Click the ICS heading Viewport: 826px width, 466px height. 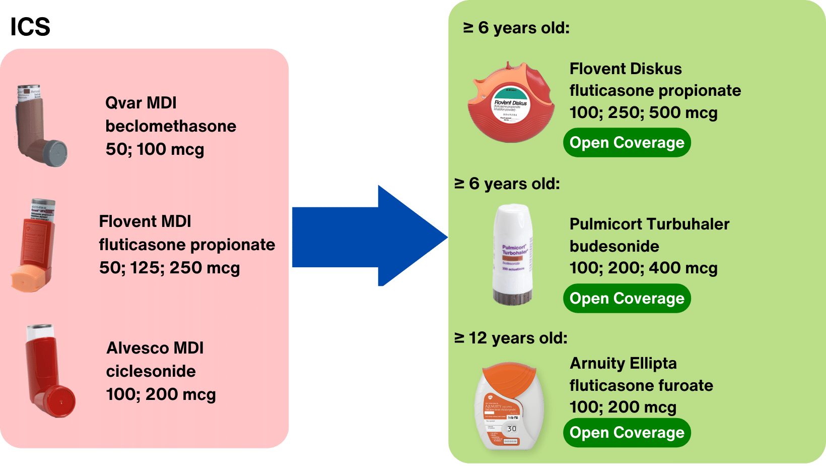(x=30, y=27)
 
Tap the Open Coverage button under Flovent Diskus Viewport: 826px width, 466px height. (x=627, y=143)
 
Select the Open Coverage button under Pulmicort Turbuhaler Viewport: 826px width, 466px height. (x=627, y=299)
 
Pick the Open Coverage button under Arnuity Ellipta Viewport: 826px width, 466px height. (x=627, y=433)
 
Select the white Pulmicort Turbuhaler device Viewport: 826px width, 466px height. (x=512, y=255)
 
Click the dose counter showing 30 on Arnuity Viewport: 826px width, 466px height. (x=512, y=429)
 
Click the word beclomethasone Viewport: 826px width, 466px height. (x=171, y=126)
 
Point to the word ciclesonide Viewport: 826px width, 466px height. (x=151, y=371)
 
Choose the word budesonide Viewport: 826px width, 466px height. (x=614, y=246)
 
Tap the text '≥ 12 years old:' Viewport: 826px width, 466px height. (x=511, y=338)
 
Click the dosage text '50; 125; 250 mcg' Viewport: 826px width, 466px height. (x=169, y=268)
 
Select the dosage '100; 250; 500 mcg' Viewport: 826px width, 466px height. (x=643, y=112)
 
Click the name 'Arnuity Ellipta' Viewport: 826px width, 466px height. (x=623, y=363)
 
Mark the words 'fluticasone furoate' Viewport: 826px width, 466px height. (x=641, y=385)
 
